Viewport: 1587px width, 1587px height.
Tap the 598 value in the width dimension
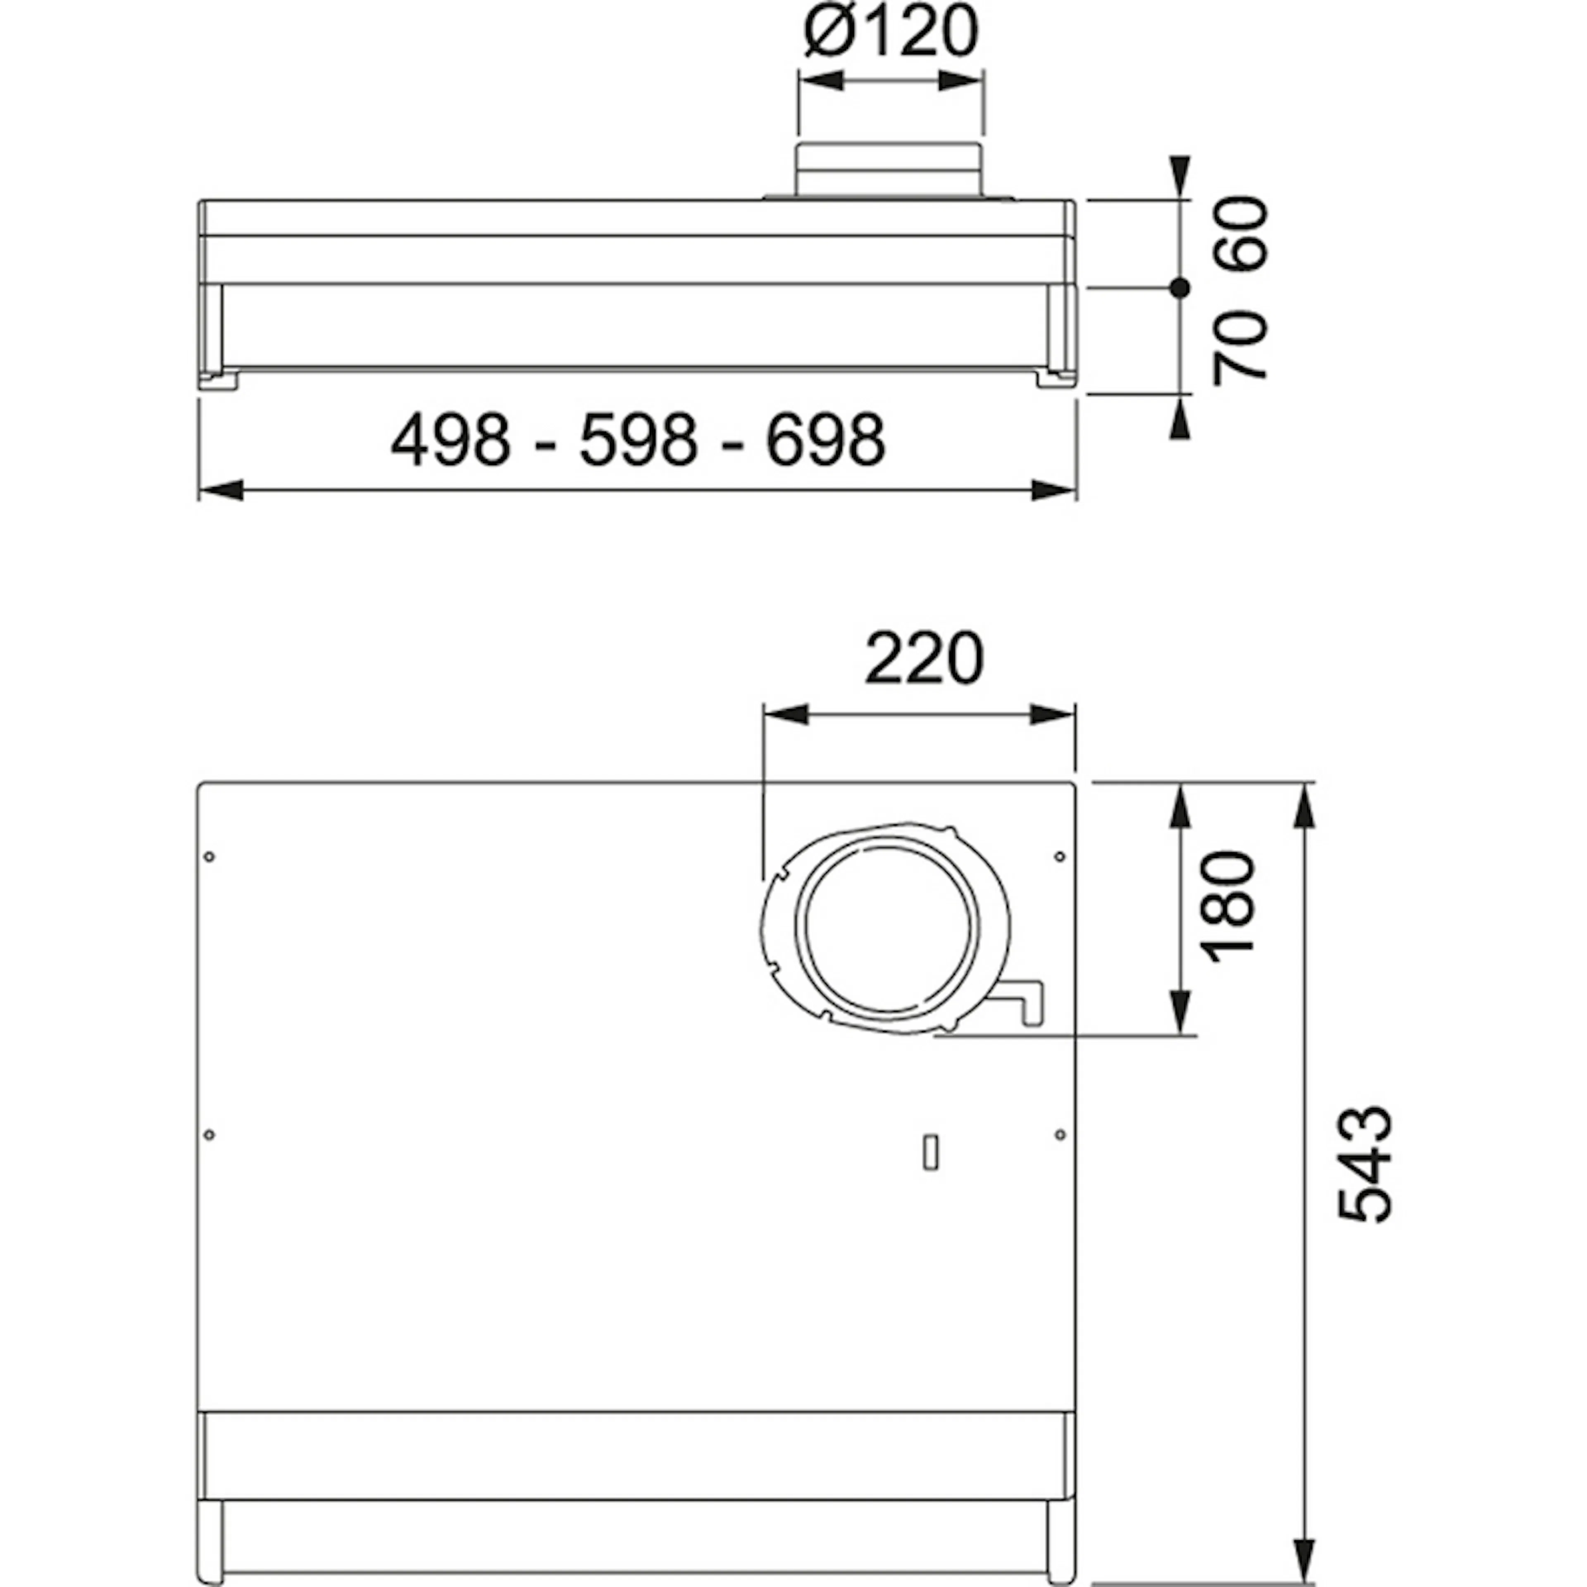point(639,440)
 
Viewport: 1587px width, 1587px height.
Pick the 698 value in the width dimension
point(827,440)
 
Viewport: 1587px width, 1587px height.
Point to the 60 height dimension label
point(1241,233)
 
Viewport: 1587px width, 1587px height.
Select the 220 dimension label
point(924,659)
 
